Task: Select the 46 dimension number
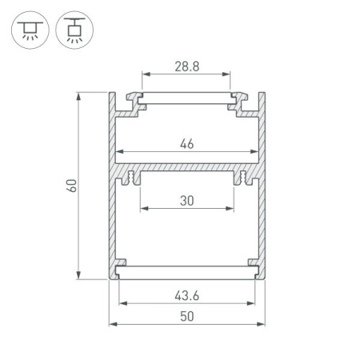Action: [187, 144]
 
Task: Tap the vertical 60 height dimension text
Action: [70, 186]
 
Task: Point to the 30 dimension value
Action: [187, 202]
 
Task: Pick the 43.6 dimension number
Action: [187, 295]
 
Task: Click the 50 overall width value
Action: [187, 316]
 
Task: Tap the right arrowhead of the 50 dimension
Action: [262, 324]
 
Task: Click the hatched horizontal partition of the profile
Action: [187, 172]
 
